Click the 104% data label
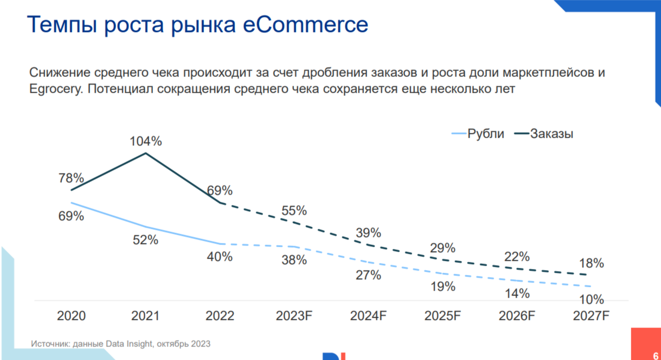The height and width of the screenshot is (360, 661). [x=145, y=142]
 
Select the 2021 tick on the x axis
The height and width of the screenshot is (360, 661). [x=145, y=316]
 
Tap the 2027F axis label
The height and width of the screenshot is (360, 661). [x=592, y=316]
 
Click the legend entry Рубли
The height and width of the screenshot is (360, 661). [x=485, y=133]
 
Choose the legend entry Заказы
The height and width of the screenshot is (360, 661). [x=551, y=133]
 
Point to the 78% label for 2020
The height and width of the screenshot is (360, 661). [x=71, y=178]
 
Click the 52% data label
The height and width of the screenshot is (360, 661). [x=145, y=240]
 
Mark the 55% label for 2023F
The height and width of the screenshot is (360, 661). [x=294, y=210]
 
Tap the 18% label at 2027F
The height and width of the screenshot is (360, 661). [x=591, y=263]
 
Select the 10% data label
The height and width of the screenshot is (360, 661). [x=591, y=299]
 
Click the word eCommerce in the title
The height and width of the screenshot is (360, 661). [x=305, y=25]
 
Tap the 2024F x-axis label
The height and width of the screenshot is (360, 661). [x=369, y=316]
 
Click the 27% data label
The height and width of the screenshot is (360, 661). [x=369, y=275]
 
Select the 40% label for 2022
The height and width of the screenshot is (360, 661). [x=220, y=256]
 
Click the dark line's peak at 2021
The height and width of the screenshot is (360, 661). [x=145, y=153]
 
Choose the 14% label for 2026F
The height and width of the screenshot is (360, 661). [x=517, y=293]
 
